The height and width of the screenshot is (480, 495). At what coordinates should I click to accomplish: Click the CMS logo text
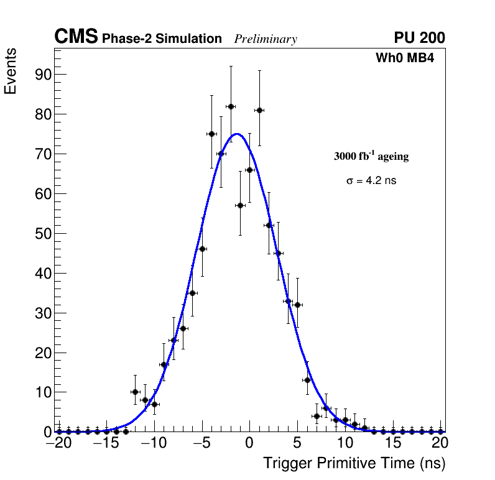[76, 37]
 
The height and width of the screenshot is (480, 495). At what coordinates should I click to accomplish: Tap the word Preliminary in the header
[266, 39]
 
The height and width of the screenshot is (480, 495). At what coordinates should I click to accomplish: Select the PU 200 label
[419, 38]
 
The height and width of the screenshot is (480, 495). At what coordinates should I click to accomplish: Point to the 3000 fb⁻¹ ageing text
[371, 156]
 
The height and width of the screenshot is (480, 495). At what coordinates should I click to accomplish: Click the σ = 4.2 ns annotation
[371, 181]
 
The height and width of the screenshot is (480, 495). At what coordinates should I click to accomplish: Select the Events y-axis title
[11, 71]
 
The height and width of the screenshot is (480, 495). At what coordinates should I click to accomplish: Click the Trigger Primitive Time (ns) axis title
[354, 463]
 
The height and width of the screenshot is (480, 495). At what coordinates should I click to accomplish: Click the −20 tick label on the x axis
[59, 443]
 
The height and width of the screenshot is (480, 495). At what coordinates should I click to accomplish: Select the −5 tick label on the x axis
[201, 443]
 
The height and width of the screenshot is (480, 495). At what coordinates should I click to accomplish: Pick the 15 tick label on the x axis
[392, 443]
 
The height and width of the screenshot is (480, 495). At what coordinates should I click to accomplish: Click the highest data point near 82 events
[231, 106]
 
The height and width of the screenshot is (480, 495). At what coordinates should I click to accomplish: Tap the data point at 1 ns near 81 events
[259, 110]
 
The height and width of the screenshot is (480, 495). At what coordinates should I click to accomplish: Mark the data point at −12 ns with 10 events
[135, 392]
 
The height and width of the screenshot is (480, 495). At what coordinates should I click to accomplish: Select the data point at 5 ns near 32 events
[298, 305]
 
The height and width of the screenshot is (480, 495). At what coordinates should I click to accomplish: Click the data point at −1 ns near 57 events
[240, 205]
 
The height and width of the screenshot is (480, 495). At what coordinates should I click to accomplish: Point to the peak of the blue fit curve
[237, 134]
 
